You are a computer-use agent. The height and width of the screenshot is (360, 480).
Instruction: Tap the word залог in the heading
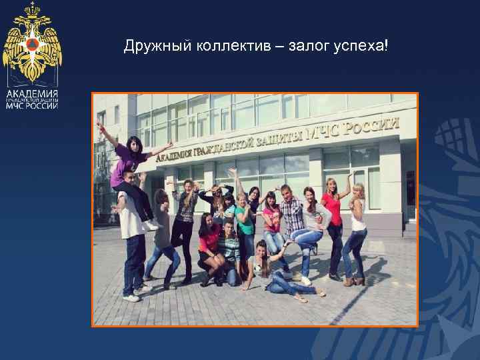click(308, 47)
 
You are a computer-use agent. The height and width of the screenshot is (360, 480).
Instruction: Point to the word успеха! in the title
click(363, 47)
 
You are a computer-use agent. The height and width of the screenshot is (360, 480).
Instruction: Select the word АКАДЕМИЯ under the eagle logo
click(32, 93)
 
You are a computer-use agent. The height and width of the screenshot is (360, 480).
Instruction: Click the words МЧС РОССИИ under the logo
click(32, 105)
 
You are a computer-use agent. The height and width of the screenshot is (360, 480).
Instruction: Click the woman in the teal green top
click(244, 220)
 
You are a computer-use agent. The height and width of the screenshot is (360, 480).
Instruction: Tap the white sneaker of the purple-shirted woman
click(153, 225)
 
